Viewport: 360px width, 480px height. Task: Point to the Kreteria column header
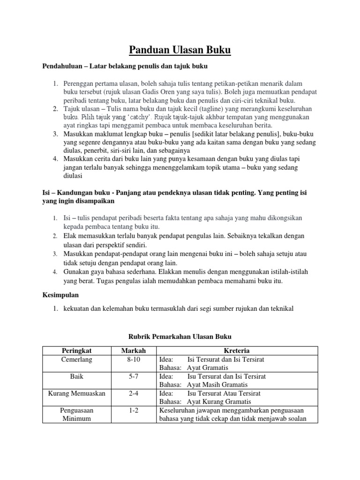[237, 351]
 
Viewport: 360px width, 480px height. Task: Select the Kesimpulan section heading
[61, 296]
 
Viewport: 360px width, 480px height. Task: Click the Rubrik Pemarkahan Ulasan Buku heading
[180, 337]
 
